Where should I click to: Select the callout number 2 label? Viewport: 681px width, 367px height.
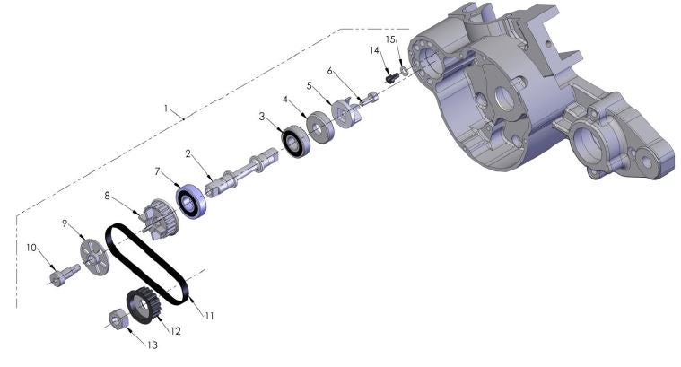point(188,153)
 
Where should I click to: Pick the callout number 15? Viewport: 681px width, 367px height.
point(390,39)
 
